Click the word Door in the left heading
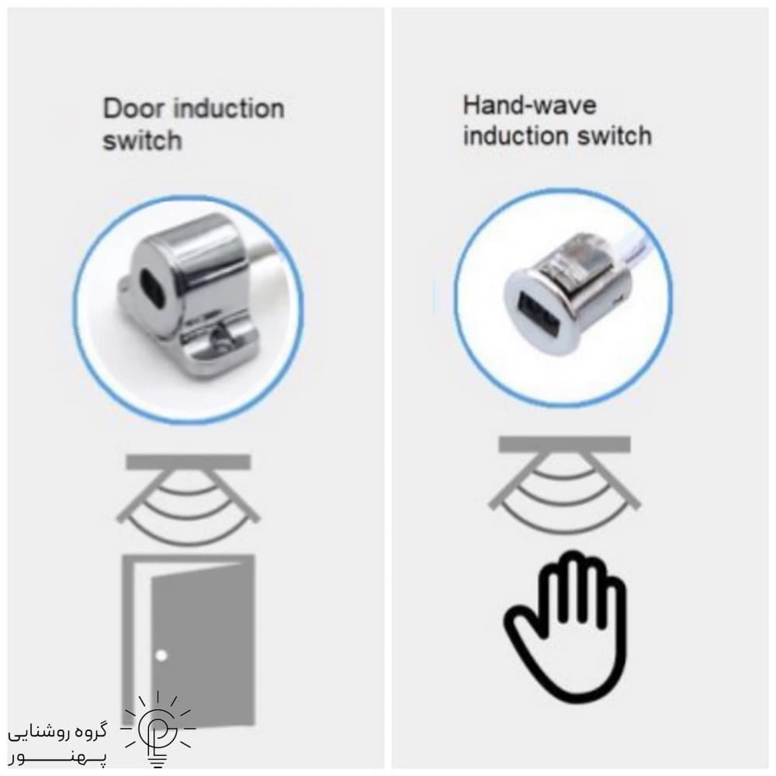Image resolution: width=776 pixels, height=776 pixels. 132,108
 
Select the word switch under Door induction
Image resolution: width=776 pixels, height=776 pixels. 142,140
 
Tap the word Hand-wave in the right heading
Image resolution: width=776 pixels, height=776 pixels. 529,105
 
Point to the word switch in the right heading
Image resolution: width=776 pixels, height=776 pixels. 614,136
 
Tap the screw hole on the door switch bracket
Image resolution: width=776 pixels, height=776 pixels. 219,338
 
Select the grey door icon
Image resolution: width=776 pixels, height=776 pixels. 189,639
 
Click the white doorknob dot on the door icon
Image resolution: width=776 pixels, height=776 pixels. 161,656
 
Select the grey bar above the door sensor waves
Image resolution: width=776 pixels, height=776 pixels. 189,462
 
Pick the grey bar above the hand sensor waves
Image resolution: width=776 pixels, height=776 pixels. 564,444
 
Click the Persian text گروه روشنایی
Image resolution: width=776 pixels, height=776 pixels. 57,733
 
